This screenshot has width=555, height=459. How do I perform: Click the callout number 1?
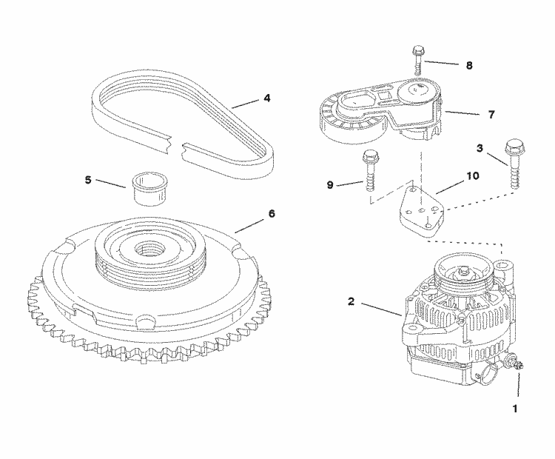(517, 406)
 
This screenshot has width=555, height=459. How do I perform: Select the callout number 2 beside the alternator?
(351, 301)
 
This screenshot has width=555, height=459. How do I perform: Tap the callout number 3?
(480, 148)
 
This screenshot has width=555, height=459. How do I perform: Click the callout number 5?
(89, 179)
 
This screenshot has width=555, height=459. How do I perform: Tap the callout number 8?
(468, 64)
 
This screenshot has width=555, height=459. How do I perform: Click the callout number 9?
(330, 184)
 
